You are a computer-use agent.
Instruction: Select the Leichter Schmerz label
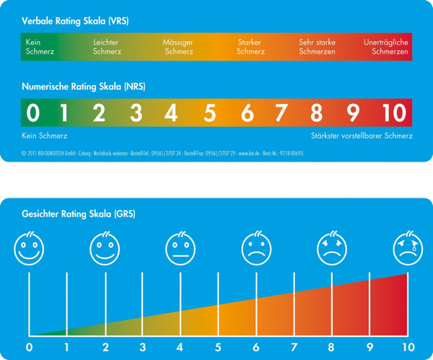[107, 47]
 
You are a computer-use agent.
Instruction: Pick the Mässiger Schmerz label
[178, 47]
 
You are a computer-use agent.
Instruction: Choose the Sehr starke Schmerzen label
[317, 47]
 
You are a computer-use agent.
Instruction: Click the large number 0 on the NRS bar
[32, 113]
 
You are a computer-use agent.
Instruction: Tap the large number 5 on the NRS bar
[210, 113]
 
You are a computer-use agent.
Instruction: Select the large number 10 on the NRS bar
[395, 113]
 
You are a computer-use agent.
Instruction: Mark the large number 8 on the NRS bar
[316, 113]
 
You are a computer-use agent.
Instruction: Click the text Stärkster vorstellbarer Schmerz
[357, 136]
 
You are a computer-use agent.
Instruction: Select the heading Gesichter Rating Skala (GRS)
[79, 214]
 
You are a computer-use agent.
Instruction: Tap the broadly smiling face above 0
[29, 250]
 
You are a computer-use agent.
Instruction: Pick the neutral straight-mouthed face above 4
[180, 250]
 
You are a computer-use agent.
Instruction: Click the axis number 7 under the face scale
[294, 347]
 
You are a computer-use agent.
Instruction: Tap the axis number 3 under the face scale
[142, 347]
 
